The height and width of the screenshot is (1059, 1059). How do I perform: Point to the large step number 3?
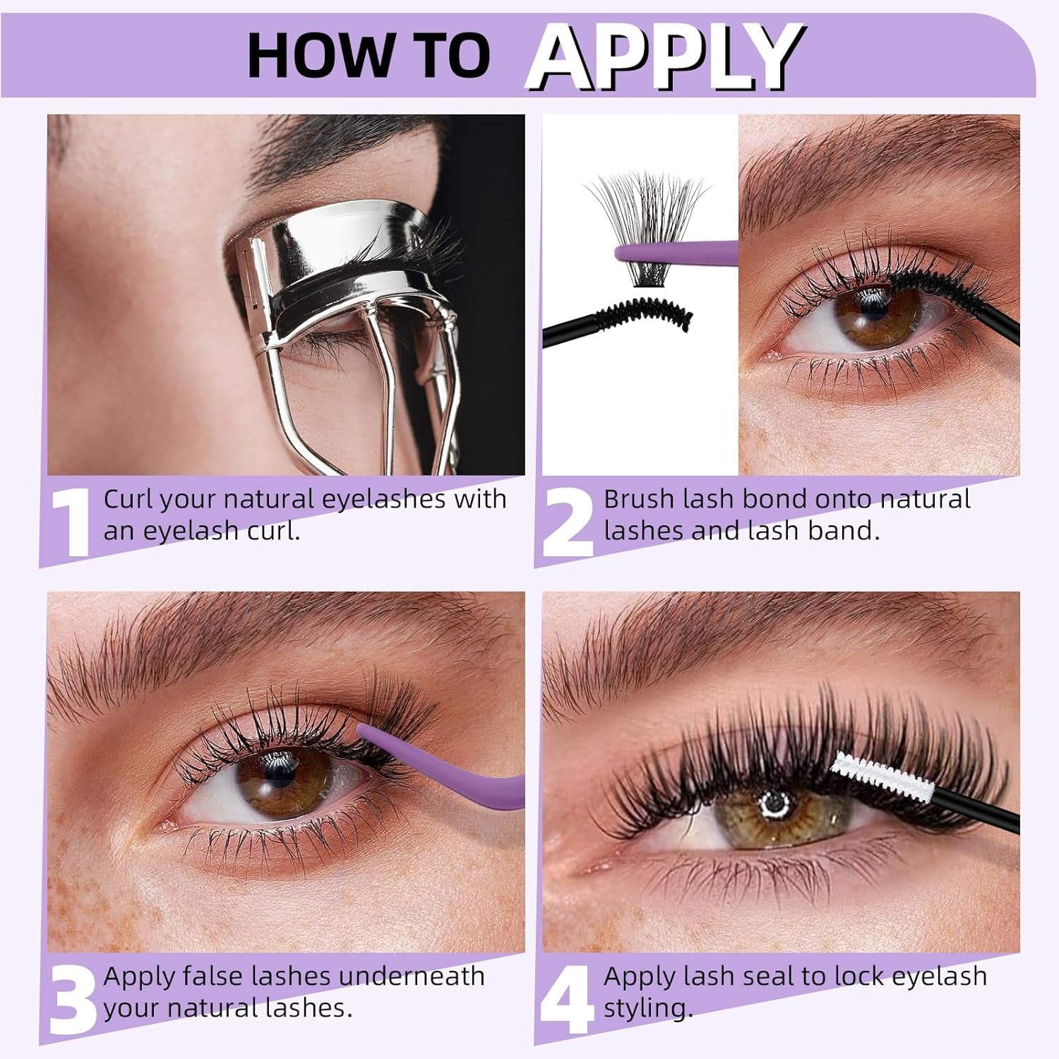pyautogui.click(x=73, y=1000)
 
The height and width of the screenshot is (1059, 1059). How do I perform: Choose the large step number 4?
pyautogui.click(x=568, y=1000)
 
